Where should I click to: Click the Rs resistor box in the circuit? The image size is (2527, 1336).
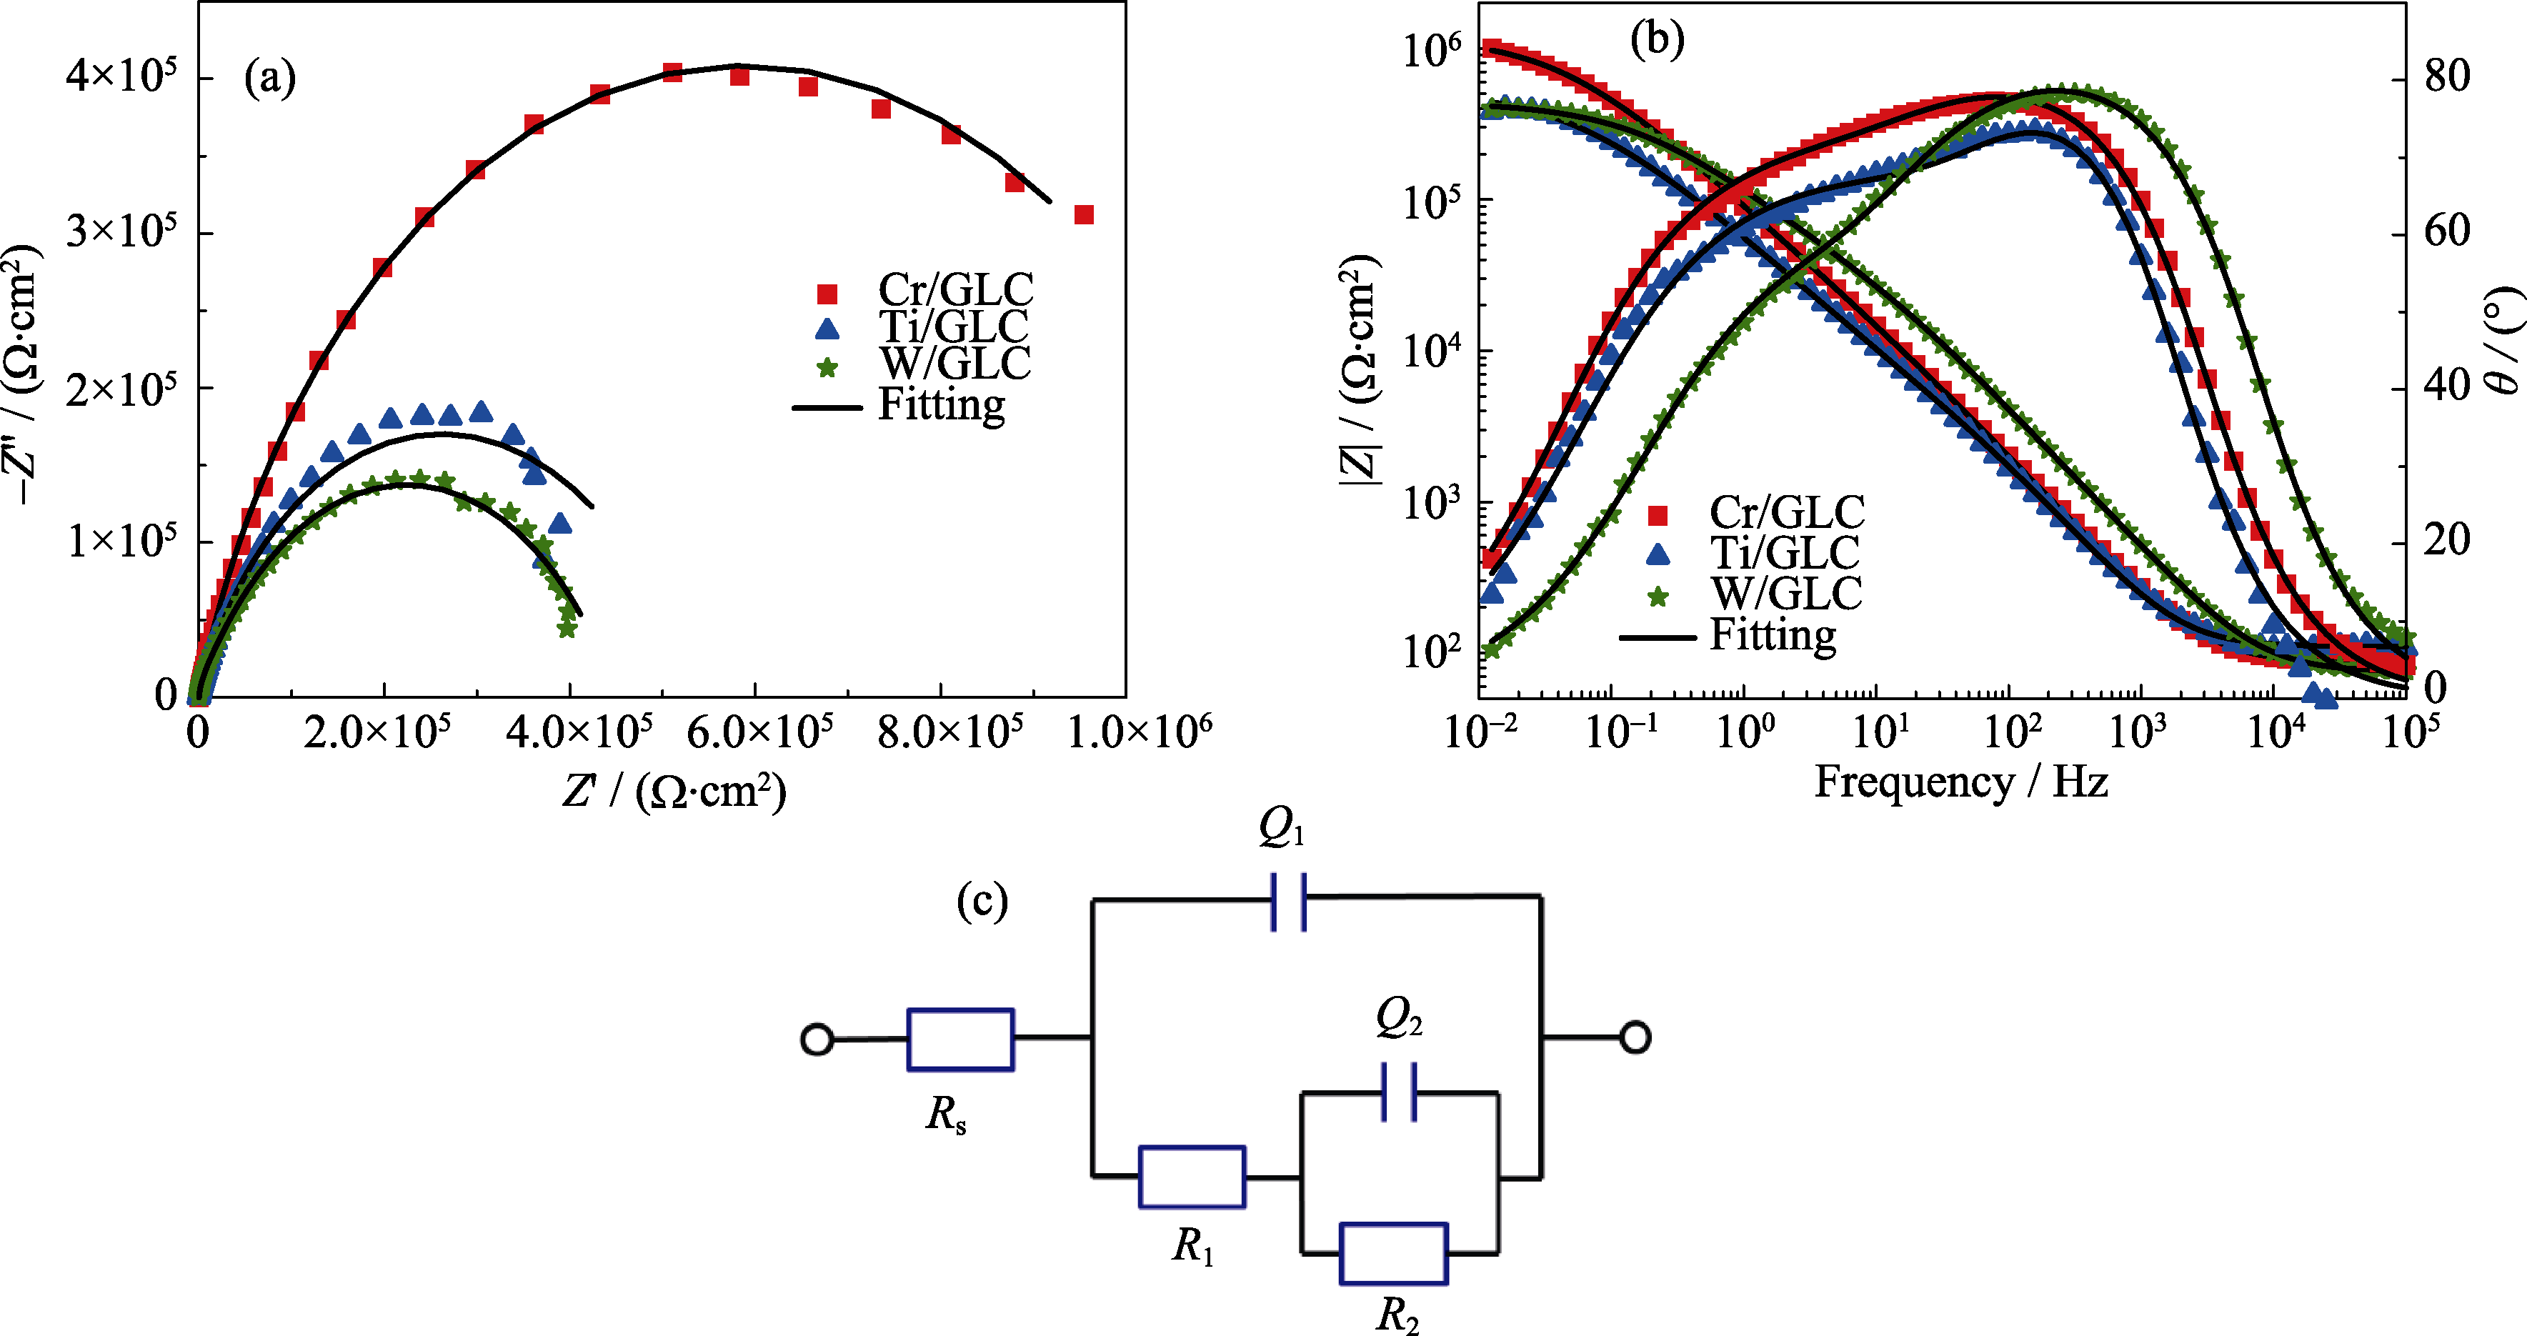[x=960, y=1039]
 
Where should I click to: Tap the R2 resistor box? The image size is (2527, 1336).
[x=1393, y=1254]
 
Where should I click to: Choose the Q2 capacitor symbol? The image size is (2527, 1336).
[x=1398, y=1092]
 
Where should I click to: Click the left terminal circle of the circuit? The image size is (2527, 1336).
[x=817, y=1039]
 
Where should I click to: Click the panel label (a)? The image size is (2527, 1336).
[x=270, y=77]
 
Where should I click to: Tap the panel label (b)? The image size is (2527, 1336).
[x=1656, y=39]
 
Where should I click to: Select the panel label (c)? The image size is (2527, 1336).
[x=982, y=900]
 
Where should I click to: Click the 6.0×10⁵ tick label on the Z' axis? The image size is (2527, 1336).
[x=760, y=733]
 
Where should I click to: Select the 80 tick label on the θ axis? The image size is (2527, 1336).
[x=2446, y=76]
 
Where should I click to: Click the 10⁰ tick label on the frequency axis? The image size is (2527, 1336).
[x=1744, y=732]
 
